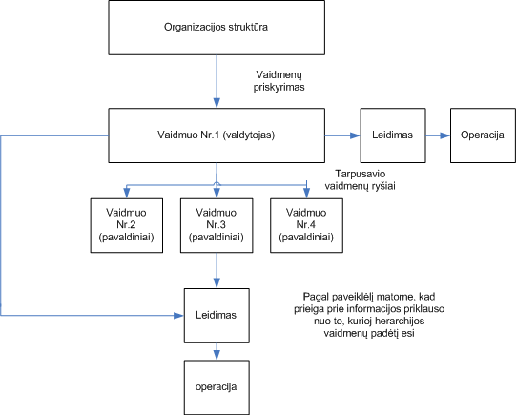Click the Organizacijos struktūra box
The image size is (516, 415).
click(217, 28)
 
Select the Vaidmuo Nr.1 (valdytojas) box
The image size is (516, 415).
click(217, 135)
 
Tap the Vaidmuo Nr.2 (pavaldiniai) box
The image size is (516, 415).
click(127, 225)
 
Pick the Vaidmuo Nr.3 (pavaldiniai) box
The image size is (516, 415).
click(217, 225)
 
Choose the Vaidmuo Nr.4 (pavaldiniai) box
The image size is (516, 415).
click(306, 225)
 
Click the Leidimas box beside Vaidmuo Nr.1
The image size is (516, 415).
click(393, 135)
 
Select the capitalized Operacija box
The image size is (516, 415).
click(483, 135)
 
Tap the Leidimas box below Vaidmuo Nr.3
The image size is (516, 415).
click(217, 316)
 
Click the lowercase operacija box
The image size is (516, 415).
click(217, 387)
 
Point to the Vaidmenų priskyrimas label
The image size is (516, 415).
click(279, 81)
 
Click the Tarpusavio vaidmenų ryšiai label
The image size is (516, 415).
click(360, 179)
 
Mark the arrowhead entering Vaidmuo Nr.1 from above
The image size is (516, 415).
click(217, 103)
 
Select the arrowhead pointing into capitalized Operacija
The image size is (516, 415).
click(444, 135)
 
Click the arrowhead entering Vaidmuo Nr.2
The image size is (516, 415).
click(127, 193)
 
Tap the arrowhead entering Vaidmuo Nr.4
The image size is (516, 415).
click(306, 193)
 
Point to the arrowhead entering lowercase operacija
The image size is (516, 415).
click(217, 355)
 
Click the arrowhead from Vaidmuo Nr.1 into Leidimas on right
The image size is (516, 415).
click(355, 135)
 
